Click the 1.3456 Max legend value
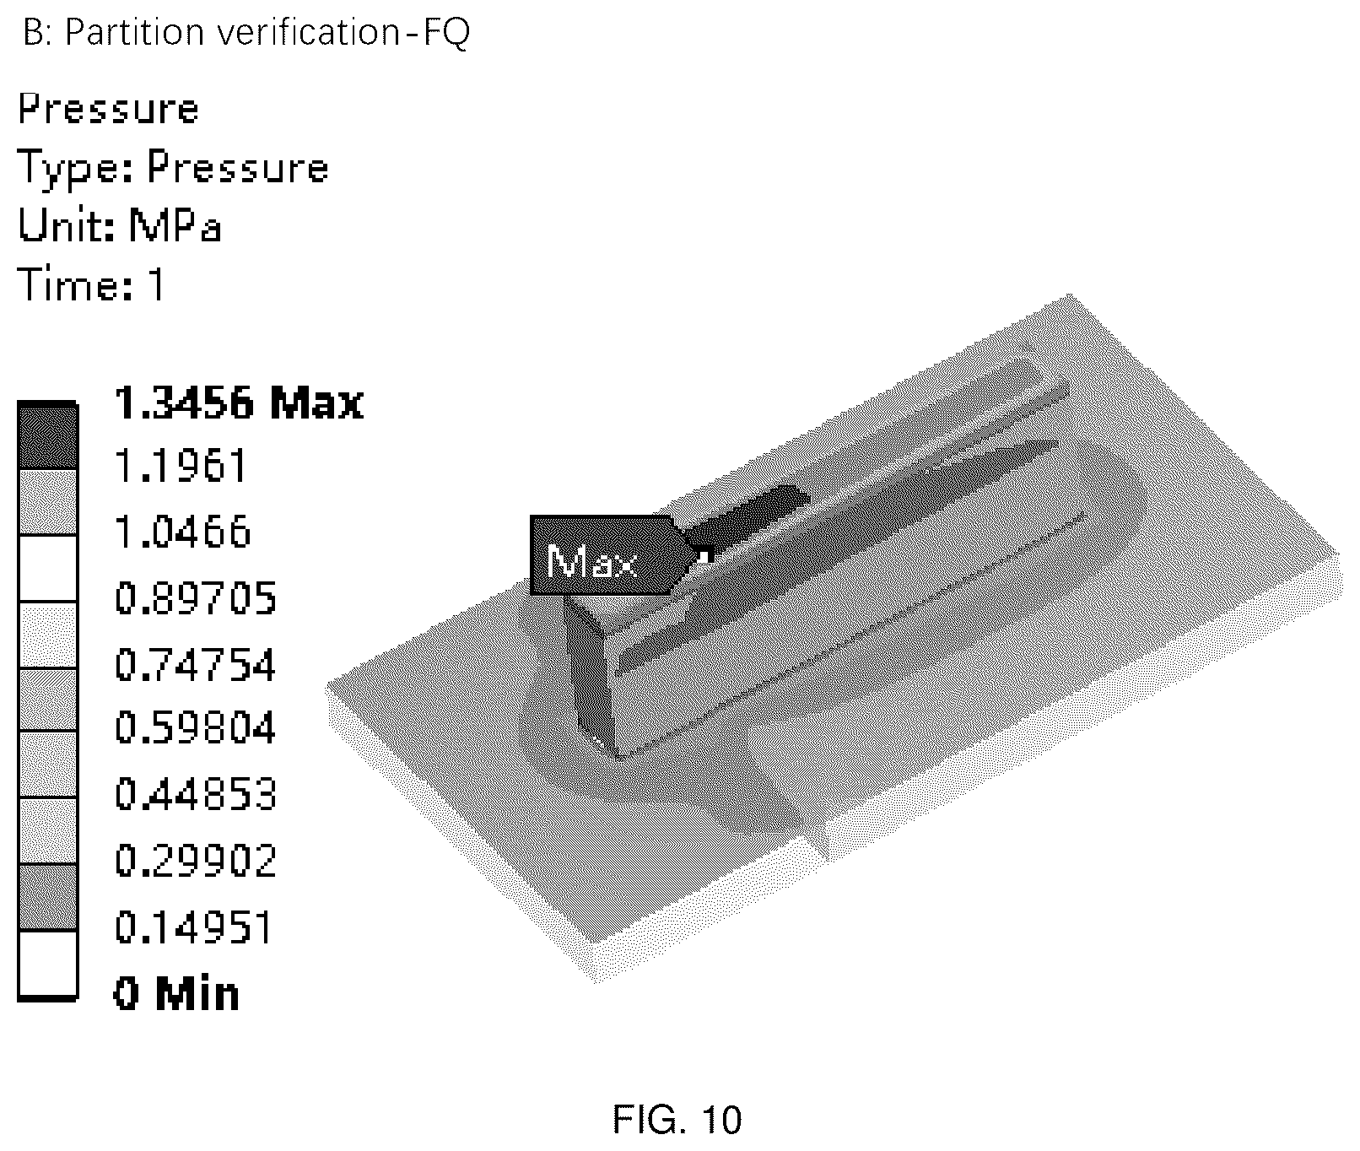[x=239, y=403]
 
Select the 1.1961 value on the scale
[x=181, y=467]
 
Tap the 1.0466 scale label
[x=183, y=532]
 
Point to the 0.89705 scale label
[x=196, y=598]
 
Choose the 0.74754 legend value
[x=196, y=665]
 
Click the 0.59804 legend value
[x=196, y=727]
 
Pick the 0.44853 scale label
[x=196, y=795]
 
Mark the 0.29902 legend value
[x=196, y=861]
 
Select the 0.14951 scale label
[x=194, y=927]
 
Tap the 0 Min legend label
[x=176, y=993]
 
